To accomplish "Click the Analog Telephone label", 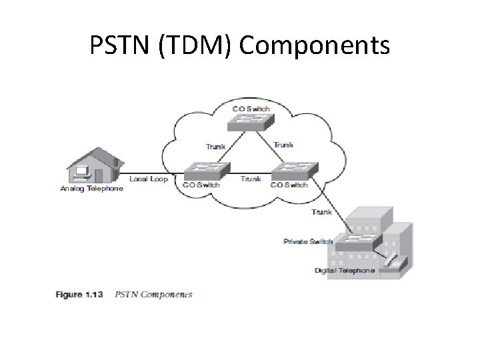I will (x=91, y=189).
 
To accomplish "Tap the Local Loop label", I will (x=148, y=179).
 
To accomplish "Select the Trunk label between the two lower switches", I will (x=250, y=179).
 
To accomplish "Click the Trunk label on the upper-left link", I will (x=215, y=146).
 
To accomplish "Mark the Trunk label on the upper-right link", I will (x=283, y=145).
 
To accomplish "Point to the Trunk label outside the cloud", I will (x=321, y=212).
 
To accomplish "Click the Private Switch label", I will (x=307, y=241).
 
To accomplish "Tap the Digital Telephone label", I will (x=345, y=271).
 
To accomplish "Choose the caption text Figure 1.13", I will (x=79, y=294).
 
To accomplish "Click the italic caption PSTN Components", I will (x=153, y=294).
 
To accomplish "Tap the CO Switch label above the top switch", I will (x=250, y=108).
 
